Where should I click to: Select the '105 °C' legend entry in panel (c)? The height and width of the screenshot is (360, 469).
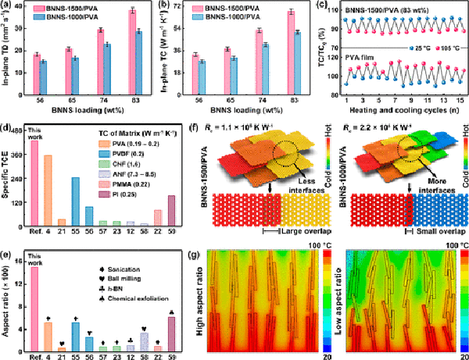(x=449, y=48)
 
